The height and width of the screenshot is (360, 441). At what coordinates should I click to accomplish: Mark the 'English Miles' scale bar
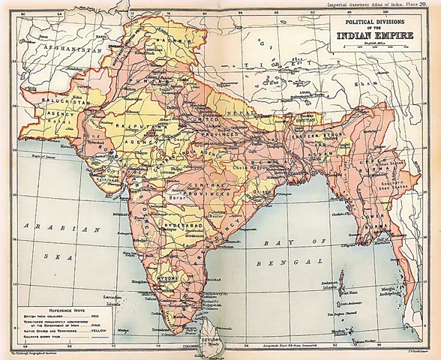click(x=382, y=47)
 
